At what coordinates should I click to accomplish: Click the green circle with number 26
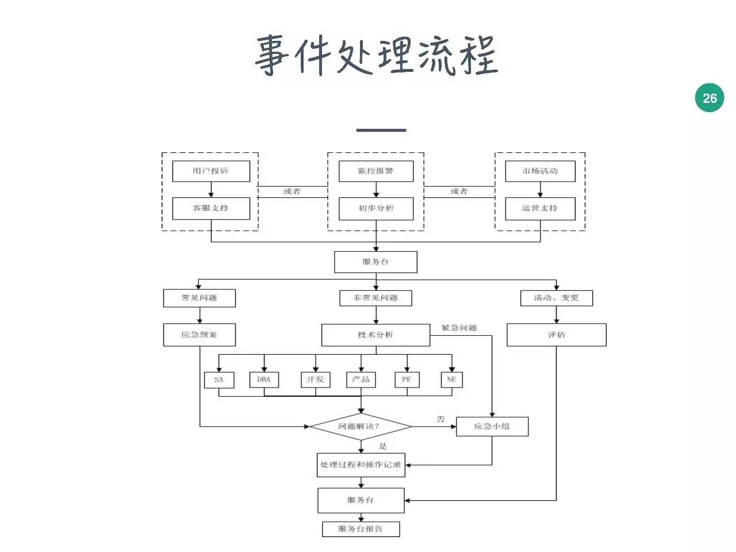pyautogui.click(x=710, y=98)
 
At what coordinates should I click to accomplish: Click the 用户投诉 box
pyautogui.click(x=211, y=171)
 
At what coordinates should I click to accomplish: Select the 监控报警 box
pyautogui.click(x=376, y=171)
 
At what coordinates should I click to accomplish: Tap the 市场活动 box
pyautogui.click(x=540, y=171)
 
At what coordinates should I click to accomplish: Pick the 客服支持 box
pyautogui.click(x=211, y=208)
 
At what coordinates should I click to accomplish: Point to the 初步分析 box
pyautogui.click(x=376, y=208)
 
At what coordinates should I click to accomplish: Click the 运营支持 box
pyautogui.click(x=540, y=208)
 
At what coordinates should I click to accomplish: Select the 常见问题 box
pyautogui.click(x=200, y=298)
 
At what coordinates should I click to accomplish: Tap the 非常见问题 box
pyautogui.click(x=376, y=298)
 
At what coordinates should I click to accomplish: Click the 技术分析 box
pyautogui.click(x=375, y=335)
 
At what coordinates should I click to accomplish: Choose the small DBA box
pyautogui.click(x=264, y=379)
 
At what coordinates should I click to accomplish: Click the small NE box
pyautogui.click(x=451, y=379)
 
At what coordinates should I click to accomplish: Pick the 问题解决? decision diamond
pyautogui.click(x=361, y=427)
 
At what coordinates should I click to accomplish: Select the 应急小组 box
pyautogui.click(x=492, y=427)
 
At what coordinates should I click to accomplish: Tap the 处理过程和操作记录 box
pyautogui.click(x=361, y=465)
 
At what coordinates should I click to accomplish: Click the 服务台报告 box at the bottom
pyautogui.click(x=361, y=529)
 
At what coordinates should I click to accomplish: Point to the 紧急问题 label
pyautogui.click(x=459, y=328)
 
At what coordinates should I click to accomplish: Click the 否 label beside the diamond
pyautogui.click(x=441, y=419)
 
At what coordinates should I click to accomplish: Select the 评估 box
pyautogui.click(x=556, y=335)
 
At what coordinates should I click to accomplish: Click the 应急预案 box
pyautogui.click(x=200, y=335)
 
